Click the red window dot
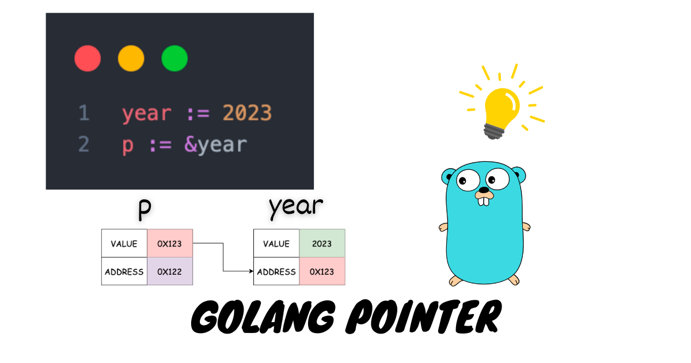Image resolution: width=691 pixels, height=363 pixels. (88, 59)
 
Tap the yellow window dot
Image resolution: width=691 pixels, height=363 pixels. (131, 59)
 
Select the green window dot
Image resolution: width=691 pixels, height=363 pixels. (174, 59)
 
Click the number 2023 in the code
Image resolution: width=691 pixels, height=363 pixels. (247, 114)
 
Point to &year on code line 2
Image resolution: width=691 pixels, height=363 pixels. (215, 145)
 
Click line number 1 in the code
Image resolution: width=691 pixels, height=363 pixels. (84, 114)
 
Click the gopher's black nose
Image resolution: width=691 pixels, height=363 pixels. (484, 190)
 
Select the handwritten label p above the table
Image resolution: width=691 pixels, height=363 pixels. (145, 210)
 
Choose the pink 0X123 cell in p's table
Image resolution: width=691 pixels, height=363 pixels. (170, 243)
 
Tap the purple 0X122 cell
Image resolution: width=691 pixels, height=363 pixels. (170, 271)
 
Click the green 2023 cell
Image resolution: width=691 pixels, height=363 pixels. (322, 243)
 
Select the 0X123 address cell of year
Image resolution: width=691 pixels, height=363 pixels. (322, 271)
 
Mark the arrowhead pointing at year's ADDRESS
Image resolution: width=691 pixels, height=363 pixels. (251, 271)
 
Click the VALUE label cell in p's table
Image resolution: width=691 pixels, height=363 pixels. (124, 243)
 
